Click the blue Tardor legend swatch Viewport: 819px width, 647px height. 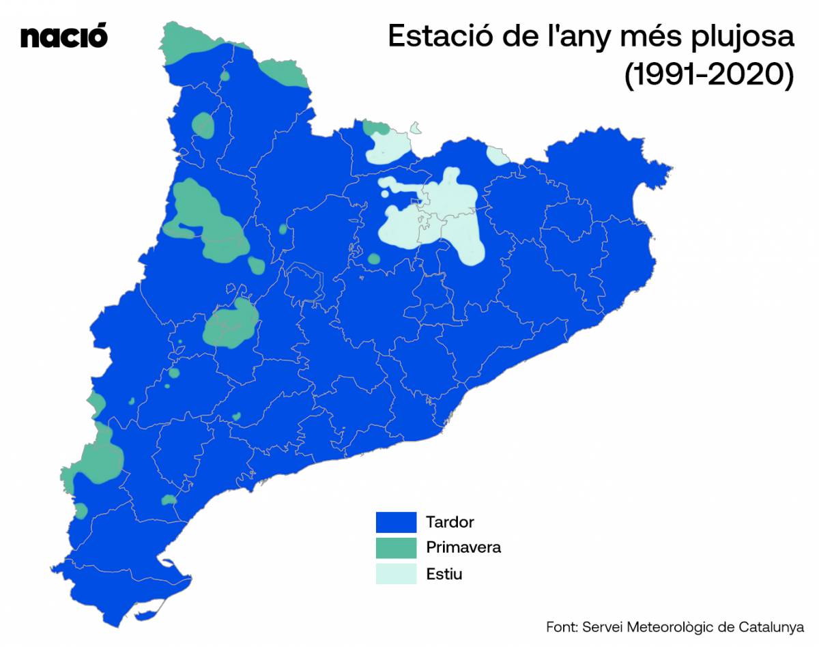(396, 523)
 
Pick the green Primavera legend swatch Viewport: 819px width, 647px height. (396, 548)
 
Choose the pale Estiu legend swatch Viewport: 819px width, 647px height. (396, 573)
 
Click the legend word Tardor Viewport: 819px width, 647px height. (450, 523)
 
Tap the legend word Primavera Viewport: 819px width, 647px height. (463, 547)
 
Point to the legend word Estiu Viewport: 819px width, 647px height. (444, 573)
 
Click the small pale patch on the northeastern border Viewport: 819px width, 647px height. (498, 156)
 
